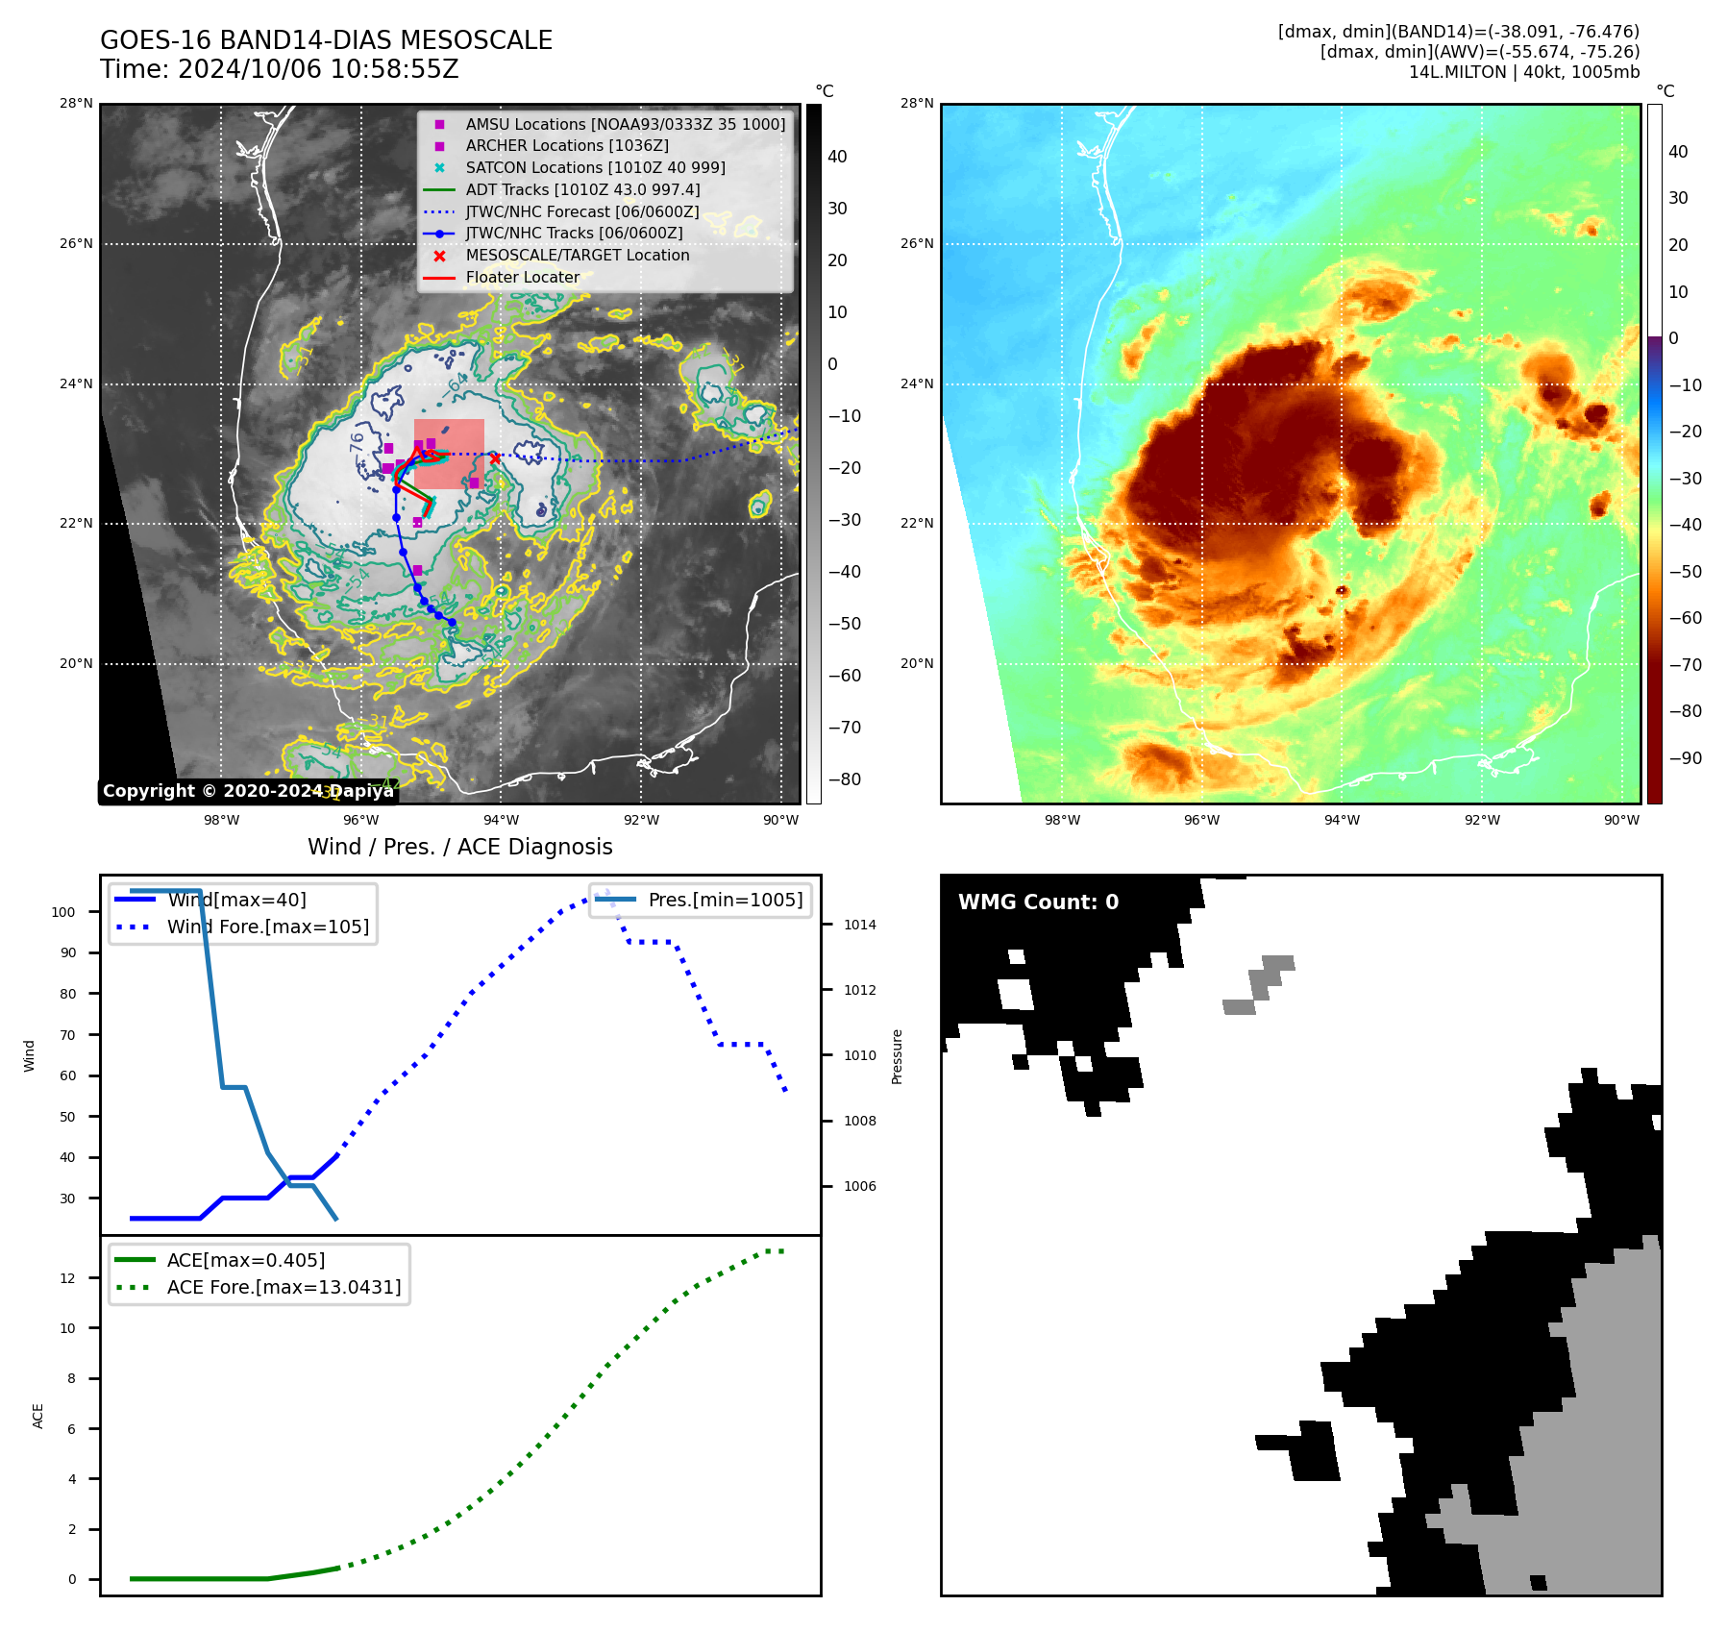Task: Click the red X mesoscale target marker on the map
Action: tap(495, 458)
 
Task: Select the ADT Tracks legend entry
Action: tap(582, 189)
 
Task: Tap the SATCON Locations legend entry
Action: tap(595, 167)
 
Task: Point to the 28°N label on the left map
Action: tap(77, 104)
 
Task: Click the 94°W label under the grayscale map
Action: tap(501, 820)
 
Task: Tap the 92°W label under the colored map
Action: tap(1482, 820)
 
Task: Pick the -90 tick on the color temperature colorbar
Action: tap(1685, 758)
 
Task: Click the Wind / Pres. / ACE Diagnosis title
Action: tap(459, 847)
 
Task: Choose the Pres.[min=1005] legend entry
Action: tap(725, 900)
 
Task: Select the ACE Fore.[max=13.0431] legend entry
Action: tap(284, 1287)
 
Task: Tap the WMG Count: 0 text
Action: tap(1038, 902)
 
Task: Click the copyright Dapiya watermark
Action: tap(248, 791)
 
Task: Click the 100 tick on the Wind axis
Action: tap(63, 912)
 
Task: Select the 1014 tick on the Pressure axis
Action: tap(860, 925)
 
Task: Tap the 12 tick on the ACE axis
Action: tap(67, 1278)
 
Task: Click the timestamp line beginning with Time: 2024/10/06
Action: tap(280, 69)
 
